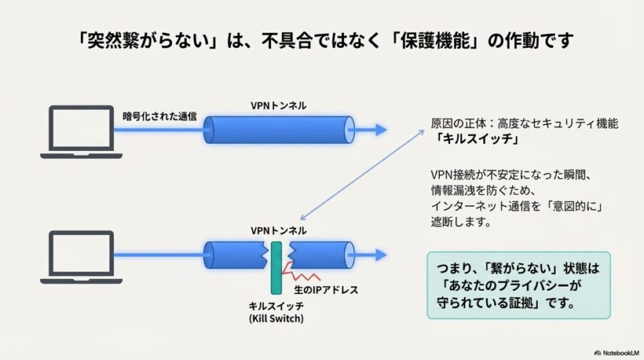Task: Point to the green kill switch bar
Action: click(275, 267)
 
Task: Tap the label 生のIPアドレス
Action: click(326, 290)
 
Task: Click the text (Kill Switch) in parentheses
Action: click(275, 319)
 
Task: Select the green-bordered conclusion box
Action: click(518, 284)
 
